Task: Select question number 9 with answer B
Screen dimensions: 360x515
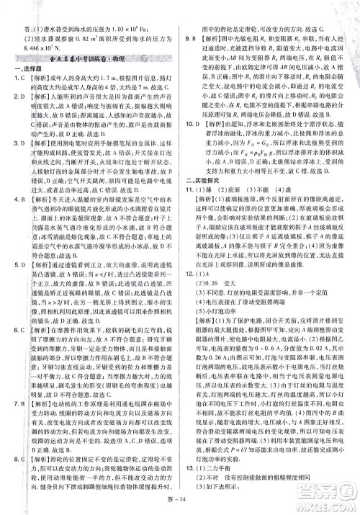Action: coord(189,37)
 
